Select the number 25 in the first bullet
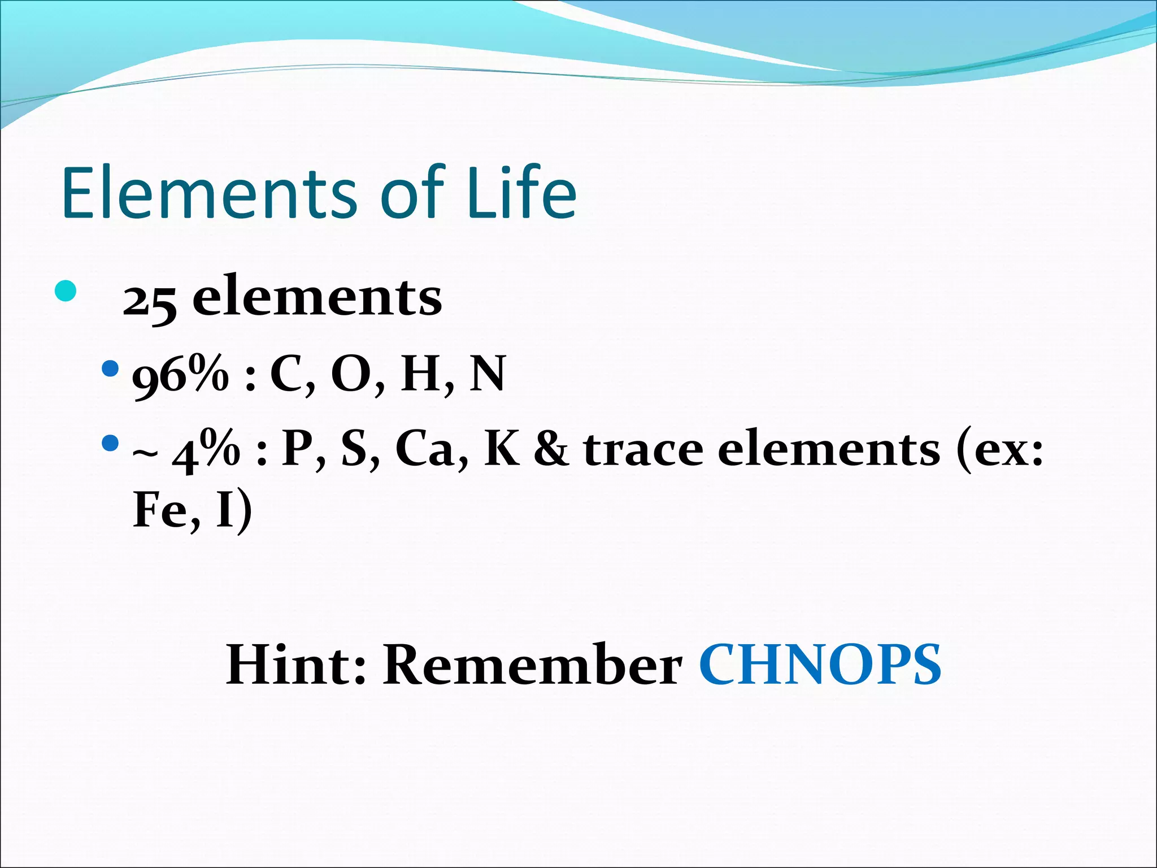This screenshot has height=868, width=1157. tap(150, 301)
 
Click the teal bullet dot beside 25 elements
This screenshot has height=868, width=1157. tap(66, 291)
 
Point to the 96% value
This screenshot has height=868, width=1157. tap(180, 375)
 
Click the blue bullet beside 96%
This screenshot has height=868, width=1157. tap(110, 370)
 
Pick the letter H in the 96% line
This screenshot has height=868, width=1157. tap(420, 374)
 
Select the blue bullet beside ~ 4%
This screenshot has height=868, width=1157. tap(110, 442)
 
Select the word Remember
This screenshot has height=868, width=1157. tap(533, 665)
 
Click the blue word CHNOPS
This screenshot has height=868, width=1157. tap(820, 665)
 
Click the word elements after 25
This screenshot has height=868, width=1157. tap(317, 298)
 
